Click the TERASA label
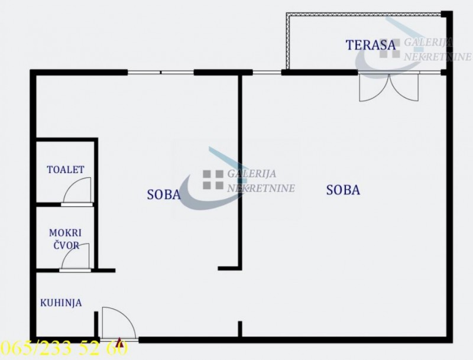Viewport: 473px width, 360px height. coord(371,45)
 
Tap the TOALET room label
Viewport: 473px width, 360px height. coord(66,170)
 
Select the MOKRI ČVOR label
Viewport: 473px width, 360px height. coord(66,239)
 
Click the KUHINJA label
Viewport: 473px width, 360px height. coord(61,303)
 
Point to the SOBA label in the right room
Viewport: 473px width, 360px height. coord(344,190)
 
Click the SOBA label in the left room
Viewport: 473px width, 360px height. coord(164,194)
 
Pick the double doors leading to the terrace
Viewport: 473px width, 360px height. coord(389,87)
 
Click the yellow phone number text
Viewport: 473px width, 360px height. coord(64,348)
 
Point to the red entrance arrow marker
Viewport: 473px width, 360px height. coord(119,340)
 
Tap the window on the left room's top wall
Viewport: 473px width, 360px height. coord(160,72)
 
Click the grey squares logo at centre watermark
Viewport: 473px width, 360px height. coord(213,180)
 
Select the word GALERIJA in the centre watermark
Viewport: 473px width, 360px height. coord(252,174)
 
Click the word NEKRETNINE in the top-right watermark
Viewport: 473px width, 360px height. coord(438,57)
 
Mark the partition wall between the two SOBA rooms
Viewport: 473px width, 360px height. coord(240,171)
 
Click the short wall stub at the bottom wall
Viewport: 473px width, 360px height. coord(240,329)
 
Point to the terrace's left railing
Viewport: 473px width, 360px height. coord(288,41)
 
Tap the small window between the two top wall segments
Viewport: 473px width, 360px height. coord(267,72)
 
